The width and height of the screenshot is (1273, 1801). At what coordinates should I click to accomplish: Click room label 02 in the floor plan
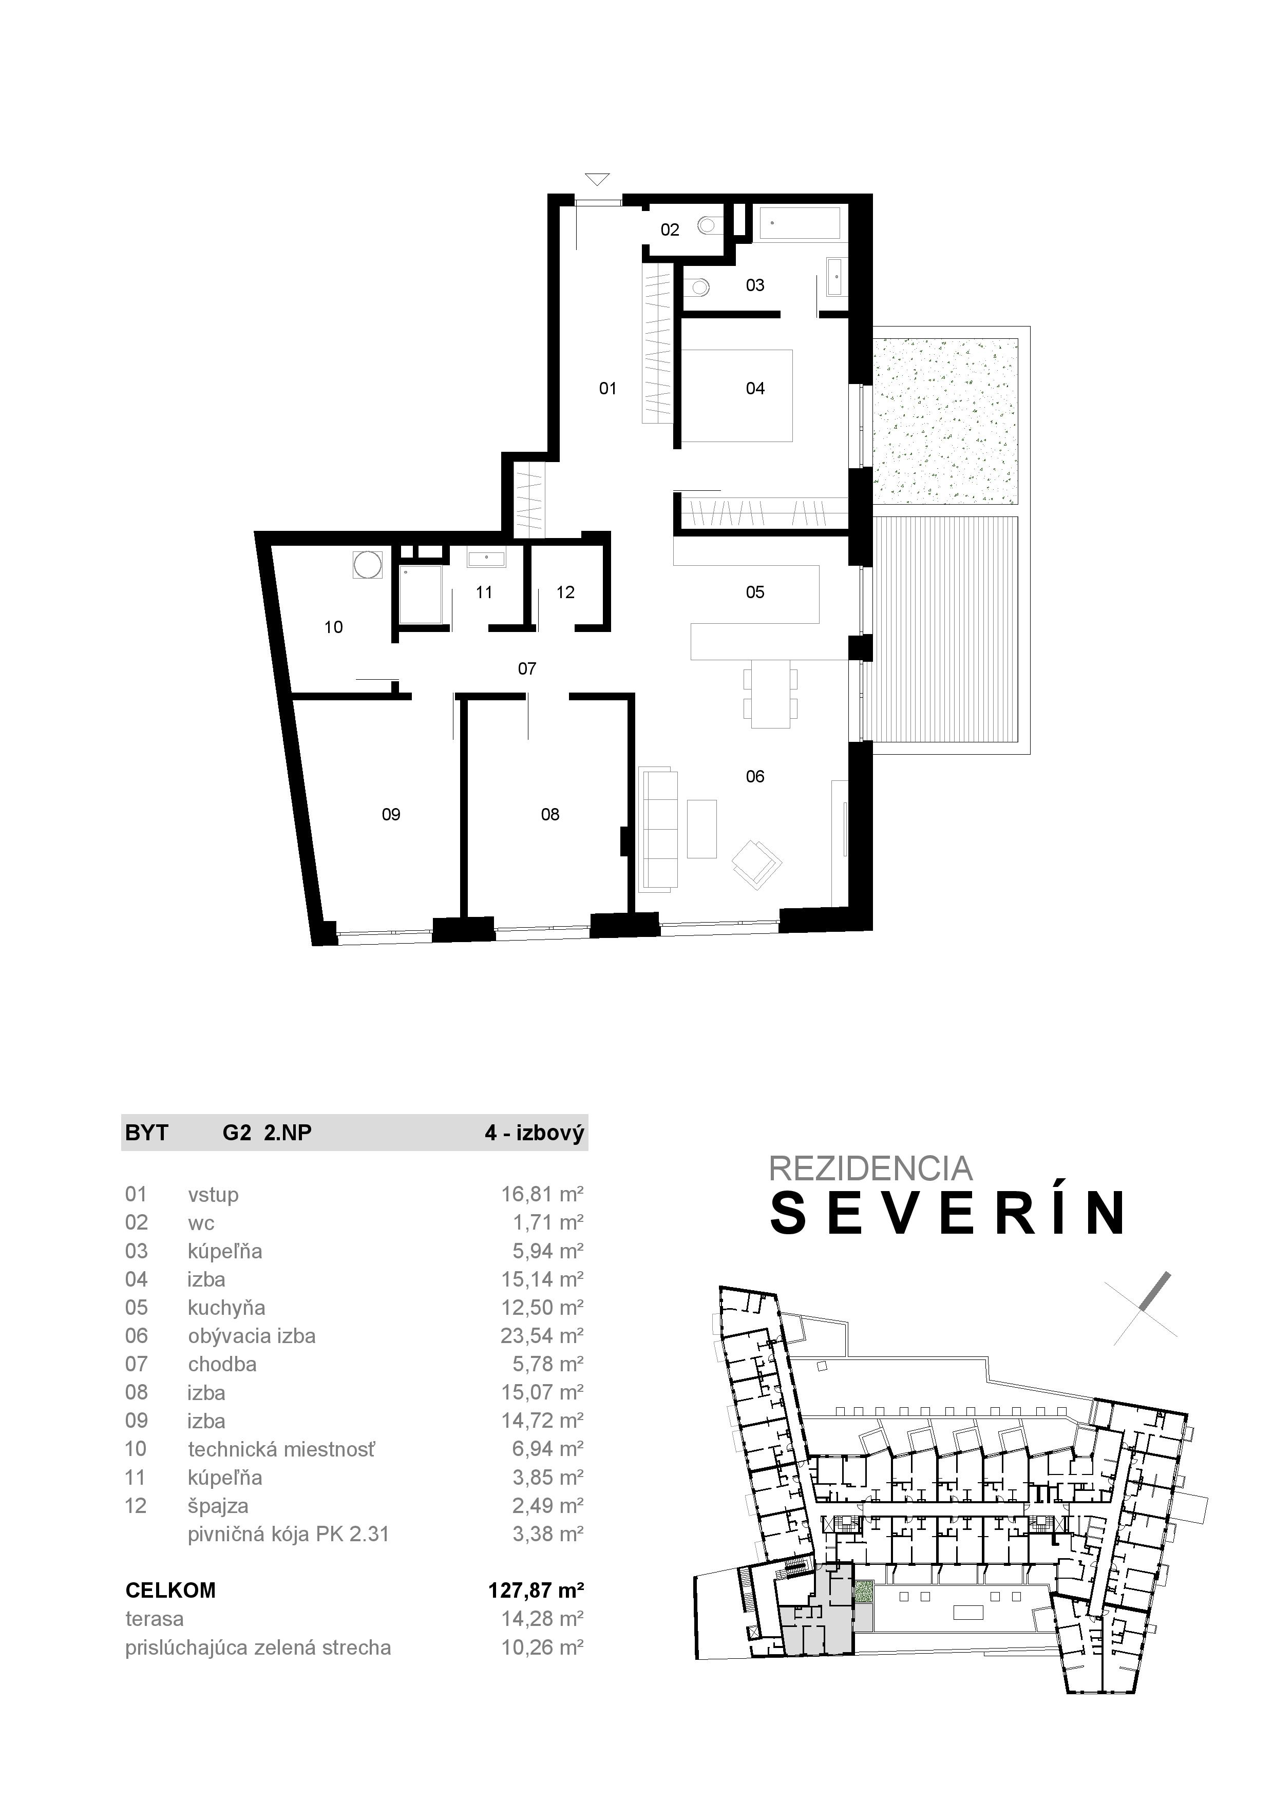669,230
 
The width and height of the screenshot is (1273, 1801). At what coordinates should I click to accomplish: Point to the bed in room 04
737,396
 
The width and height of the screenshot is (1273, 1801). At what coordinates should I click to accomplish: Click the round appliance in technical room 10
367,564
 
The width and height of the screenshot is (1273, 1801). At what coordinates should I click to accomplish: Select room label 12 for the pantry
565,593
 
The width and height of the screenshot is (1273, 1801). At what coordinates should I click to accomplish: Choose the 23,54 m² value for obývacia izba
542,1336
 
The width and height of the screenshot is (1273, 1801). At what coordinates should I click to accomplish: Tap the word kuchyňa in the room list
226,1308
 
